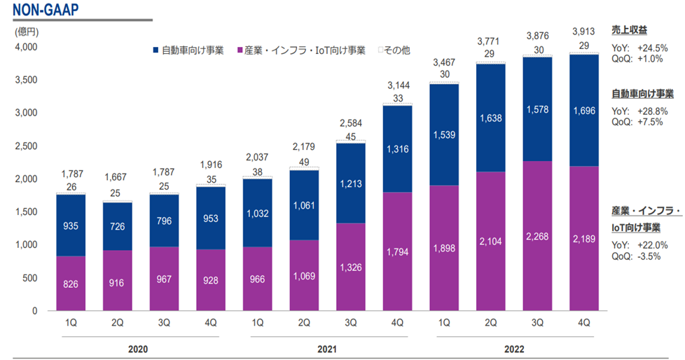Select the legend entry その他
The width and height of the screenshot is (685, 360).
[396, 50]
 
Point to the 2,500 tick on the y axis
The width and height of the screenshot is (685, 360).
[26, 146]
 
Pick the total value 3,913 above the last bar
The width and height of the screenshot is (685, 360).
[584, 31]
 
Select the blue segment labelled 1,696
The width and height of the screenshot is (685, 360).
[584, 110]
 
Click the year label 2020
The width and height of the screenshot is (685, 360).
[138, 347]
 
